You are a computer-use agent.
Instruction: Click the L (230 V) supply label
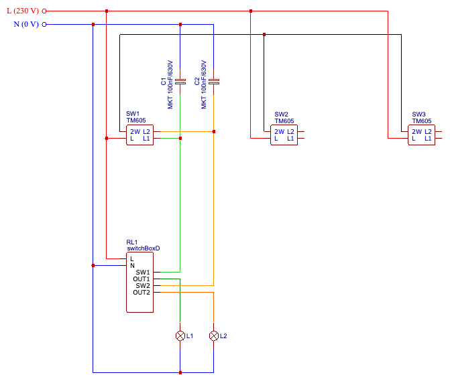pos(23,11)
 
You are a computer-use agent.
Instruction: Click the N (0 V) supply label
pos(26,24)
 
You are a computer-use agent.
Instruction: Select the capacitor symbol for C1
pos(180,82)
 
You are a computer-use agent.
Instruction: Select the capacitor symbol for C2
pos(214,82)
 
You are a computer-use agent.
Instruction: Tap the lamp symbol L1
pos(180,335)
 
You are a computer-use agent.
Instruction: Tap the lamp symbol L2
pos(214,335)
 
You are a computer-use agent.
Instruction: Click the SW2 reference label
pos(281,115)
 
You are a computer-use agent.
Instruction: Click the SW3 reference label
pos(418,115)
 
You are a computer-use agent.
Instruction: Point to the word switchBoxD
pos(144,248)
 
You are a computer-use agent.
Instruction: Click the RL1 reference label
pos(132,242)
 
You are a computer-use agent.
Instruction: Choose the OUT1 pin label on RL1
pos(142,279)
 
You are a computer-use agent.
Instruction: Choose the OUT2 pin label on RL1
pos(142,293)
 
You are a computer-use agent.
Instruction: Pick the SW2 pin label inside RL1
pos(143,286)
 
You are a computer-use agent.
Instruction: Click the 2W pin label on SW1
pos(135,132)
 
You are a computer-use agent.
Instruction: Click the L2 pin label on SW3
pos(428,132)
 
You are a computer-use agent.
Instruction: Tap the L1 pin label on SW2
pos(290,139)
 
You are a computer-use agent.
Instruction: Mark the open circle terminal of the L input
pos(44,11)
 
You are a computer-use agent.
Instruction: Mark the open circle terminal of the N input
pos(44,25)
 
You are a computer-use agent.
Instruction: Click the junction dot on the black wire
pos(264,35)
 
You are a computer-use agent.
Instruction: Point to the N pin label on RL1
pos(132,266)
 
